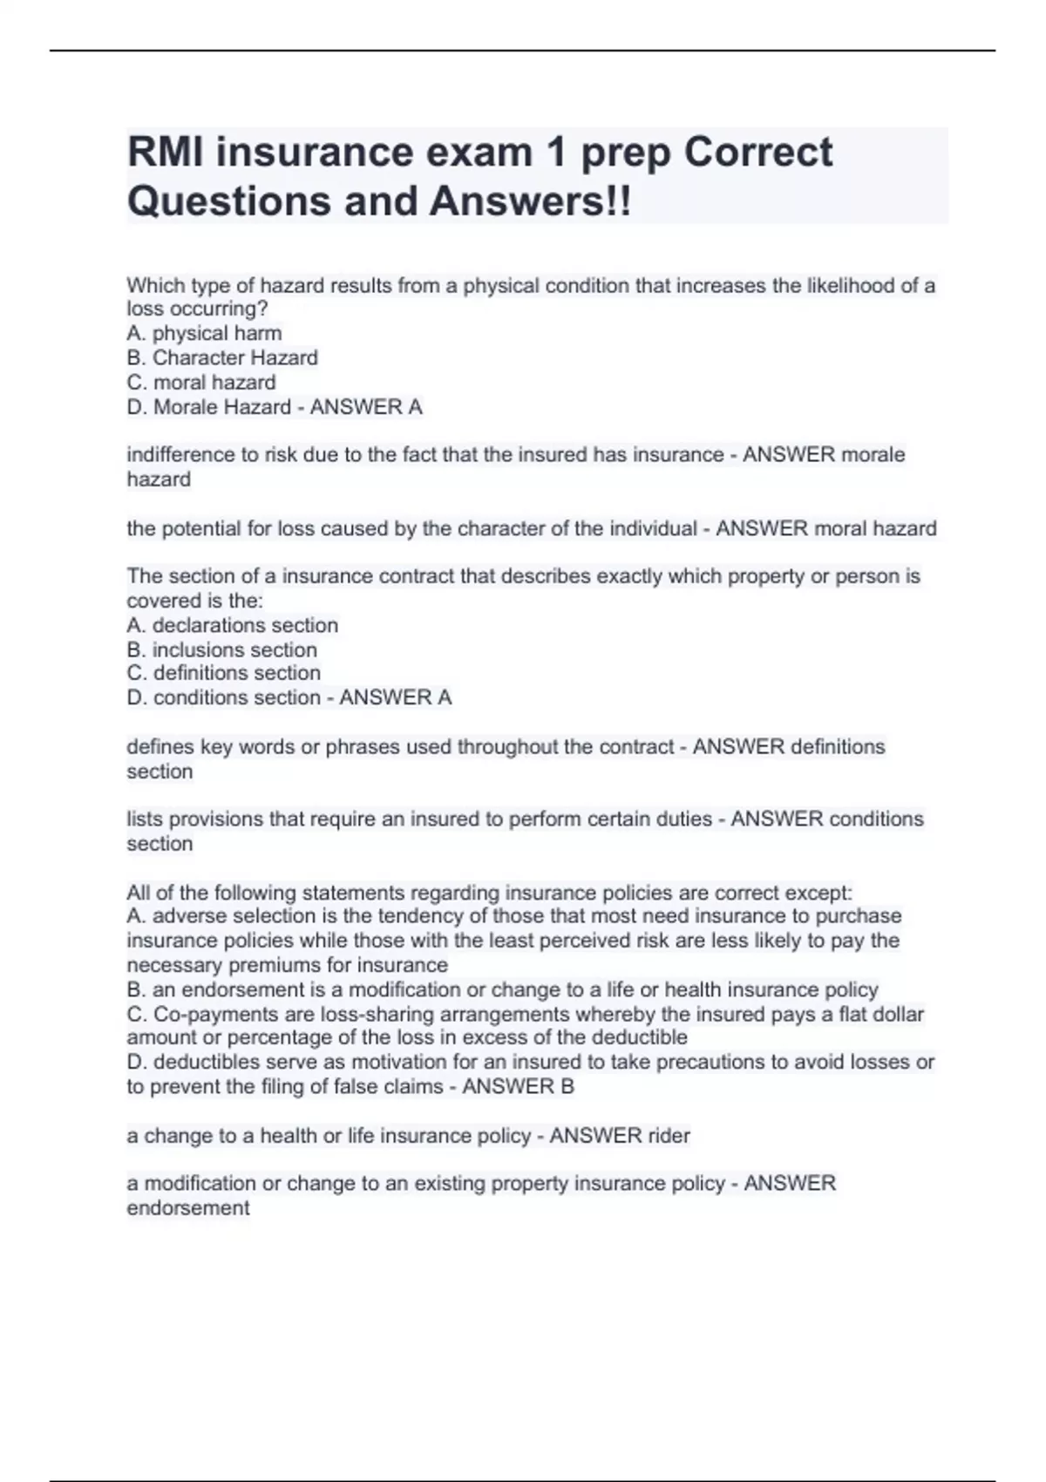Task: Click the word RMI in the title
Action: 165,153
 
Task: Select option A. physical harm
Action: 204,333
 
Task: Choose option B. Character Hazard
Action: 222,357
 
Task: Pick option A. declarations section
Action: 232,625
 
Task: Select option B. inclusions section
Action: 221,649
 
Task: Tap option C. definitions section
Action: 223,673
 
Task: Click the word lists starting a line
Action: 145,819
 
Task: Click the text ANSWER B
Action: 518,1087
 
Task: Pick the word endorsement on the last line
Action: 188,1208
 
